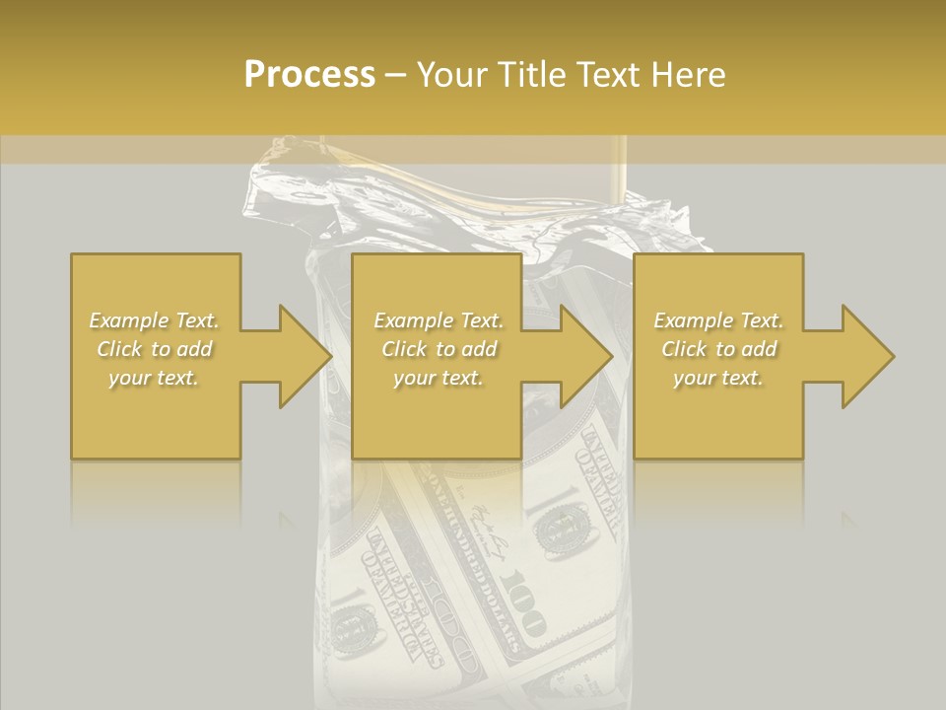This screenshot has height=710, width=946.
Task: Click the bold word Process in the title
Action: pos(309,75)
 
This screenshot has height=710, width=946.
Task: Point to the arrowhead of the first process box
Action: pos(305,356)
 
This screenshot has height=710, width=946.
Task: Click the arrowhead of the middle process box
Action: pos(587,356)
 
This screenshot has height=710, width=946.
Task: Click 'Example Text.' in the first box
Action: pos(154,320)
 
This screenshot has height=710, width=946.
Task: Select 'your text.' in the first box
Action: pos(154,378)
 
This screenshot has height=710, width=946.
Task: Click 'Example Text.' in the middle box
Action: pos(439,320)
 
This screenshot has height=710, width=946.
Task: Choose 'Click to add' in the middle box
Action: pos(439,349)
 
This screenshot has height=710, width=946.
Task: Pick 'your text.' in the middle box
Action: pos(439,378)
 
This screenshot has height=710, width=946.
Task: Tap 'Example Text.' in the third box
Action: pos(718,320)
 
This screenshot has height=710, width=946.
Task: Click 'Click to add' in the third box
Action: pos(718,349)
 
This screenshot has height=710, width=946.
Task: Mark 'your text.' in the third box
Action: pos(718,378)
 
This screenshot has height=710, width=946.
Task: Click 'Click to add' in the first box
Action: pos(154,349)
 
